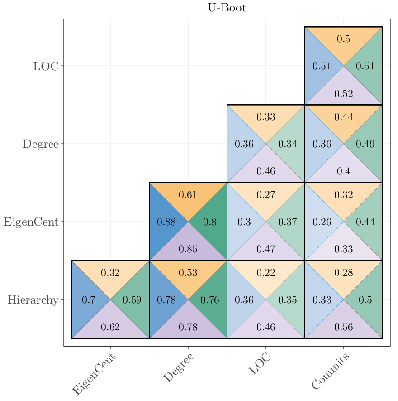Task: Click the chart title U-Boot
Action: [x=227, y=8]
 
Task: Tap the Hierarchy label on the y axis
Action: [x=33, y=300]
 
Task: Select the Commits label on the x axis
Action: [x=331, y=372]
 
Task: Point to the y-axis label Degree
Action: [x=41, y=144]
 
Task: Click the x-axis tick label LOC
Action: [x=260, y=364]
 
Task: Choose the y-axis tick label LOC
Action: [x=46, y=66]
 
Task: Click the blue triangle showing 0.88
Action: [x=166, y=222]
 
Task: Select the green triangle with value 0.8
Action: [x=209, y=222]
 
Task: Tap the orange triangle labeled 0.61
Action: [x=188, y=195]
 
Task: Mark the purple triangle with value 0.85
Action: [x=188, y=249]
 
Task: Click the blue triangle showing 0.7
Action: [x=88, y=300]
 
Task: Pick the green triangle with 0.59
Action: [x=132, y=300]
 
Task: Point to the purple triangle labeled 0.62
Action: [x=110, y=327]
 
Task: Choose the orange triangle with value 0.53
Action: [x=188, y=273]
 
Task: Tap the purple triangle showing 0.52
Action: [x=343, y=94]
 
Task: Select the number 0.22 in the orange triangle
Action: [x=265, y=273]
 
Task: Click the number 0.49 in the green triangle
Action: [x=365, y=144]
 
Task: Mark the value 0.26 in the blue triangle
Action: [x=322, y=222]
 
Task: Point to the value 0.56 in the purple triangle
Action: [x=343, y=327]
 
